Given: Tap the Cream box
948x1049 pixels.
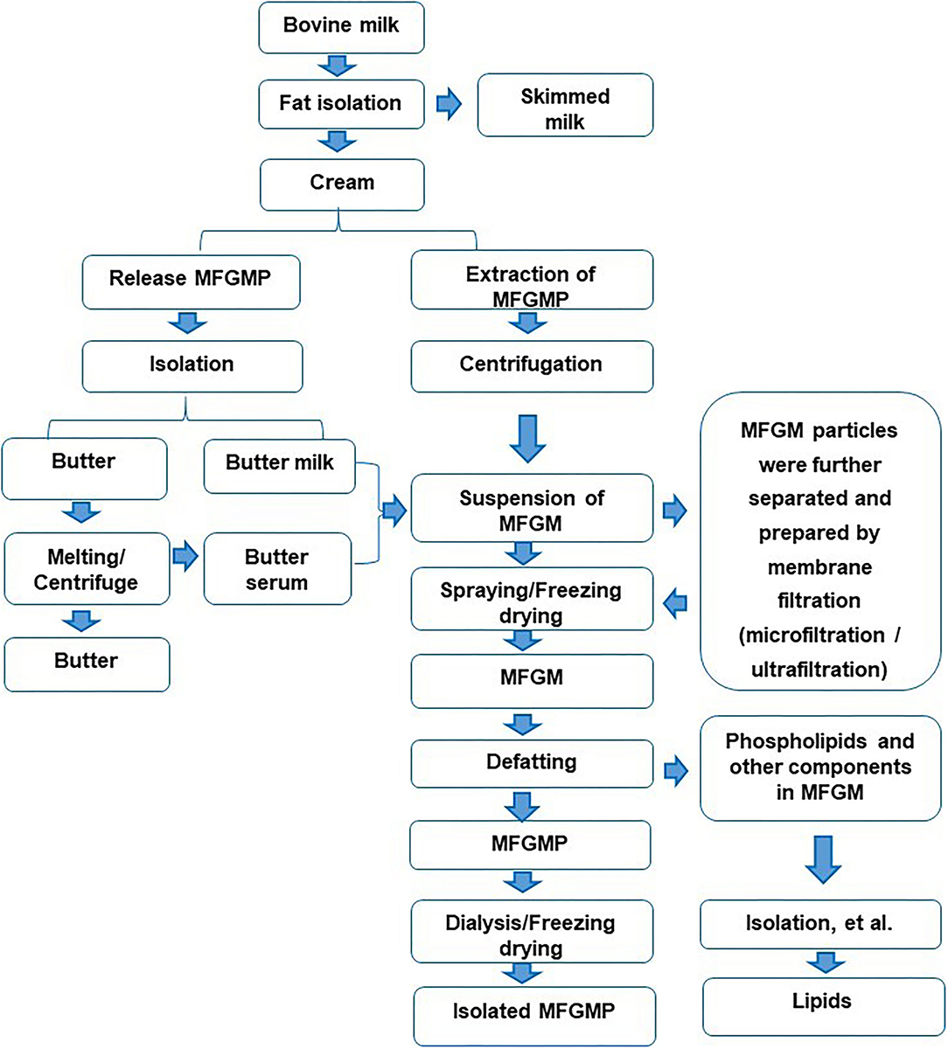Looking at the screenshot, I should [341, 183].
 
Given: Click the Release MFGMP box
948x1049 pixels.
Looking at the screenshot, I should [191, 279].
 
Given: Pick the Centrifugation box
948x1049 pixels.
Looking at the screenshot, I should [531, 365].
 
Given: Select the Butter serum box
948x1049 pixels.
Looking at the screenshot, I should [276, 569].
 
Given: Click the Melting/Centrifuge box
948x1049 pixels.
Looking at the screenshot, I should [86, 569].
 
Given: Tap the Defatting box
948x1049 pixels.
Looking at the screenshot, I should [531, 761].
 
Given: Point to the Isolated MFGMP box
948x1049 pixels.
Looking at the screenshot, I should [533, 1011].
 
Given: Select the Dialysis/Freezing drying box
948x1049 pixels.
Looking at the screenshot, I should [531, 935].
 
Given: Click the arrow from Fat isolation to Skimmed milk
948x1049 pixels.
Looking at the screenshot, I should [449, 104].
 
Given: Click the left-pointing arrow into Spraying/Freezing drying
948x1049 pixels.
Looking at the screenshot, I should [676, 602].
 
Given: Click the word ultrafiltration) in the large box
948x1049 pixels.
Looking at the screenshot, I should [819, 670].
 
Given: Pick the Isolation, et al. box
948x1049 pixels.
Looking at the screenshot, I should [819, 923].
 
